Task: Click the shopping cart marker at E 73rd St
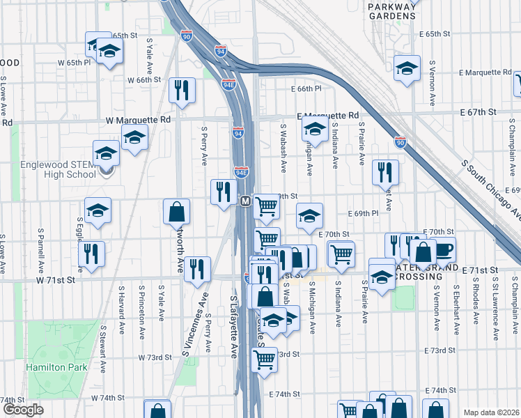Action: (x=264, y=359)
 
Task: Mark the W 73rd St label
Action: (x=154, y=357)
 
